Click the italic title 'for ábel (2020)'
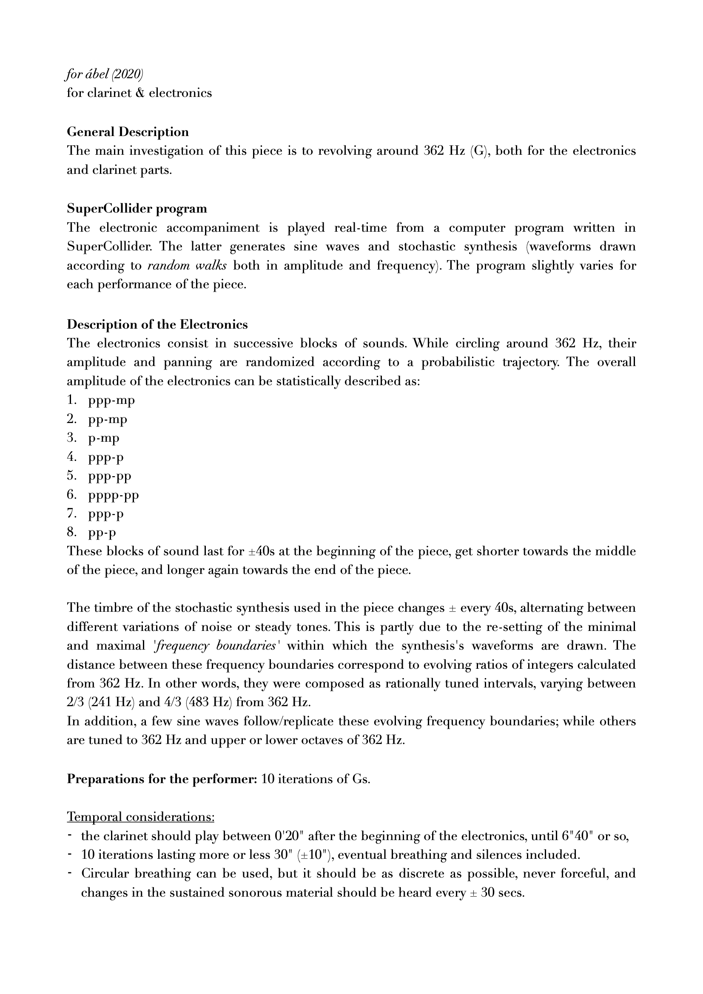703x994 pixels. coord(104,74)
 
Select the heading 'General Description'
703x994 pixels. coord(127,132)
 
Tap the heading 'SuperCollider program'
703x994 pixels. coord(137,208)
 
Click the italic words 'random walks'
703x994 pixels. coord(187,265)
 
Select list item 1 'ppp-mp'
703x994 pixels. coord(111,400)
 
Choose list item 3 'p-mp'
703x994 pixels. coord(103,439)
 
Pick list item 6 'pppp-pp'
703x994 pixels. coord(114,495)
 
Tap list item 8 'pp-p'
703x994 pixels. coord(102,533)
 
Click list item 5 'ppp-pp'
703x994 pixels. coord(110,476)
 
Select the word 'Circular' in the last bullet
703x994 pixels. coord(105,873)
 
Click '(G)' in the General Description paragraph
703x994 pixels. coord(478,151)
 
